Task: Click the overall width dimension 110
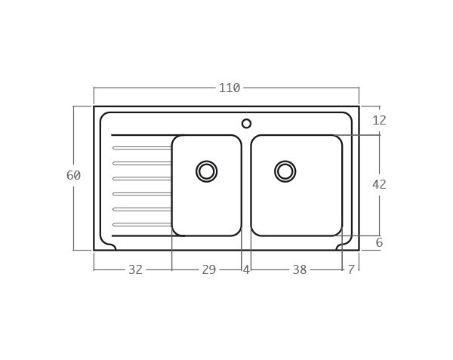tap(230, 88)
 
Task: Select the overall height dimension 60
tap(73, 175)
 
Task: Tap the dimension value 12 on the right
tap(379, 120)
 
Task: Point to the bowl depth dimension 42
tap(379, 184)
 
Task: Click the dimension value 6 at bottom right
tap(379, 243)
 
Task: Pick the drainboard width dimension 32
tap(135, 269)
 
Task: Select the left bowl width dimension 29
tap(208, 269)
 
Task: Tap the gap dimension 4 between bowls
tap(246, 269)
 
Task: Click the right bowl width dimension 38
tap(299, 269)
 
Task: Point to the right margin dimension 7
tap(351, 269)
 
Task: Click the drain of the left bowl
tap(206, 171)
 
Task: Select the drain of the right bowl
tap(285, 171)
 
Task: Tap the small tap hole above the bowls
tap(246, 124)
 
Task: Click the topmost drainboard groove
tap(142, 148)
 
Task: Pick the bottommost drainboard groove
tap(142, 224)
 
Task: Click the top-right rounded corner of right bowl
tap(337, 140)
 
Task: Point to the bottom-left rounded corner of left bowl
tap(177, 230)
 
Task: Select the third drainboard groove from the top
tap(142, 179)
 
